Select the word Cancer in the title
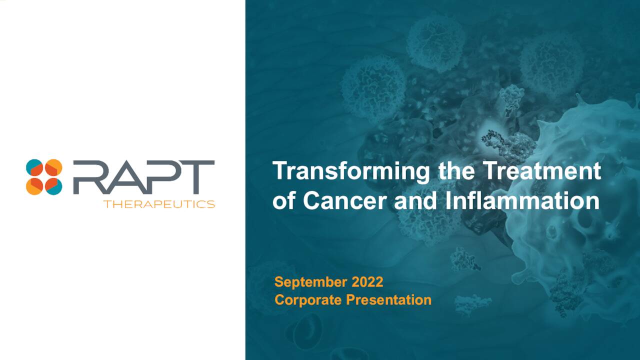click(x=345, y=201)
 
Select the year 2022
click(x=367, y=282)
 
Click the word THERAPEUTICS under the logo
click(x=159, y=204)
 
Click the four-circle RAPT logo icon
click(x=44, y=177)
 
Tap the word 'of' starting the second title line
click(x=284, y=201)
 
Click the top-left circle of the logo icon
click(x=35, y=168)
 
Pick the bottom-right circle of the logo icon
click(x=53, y=186)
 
